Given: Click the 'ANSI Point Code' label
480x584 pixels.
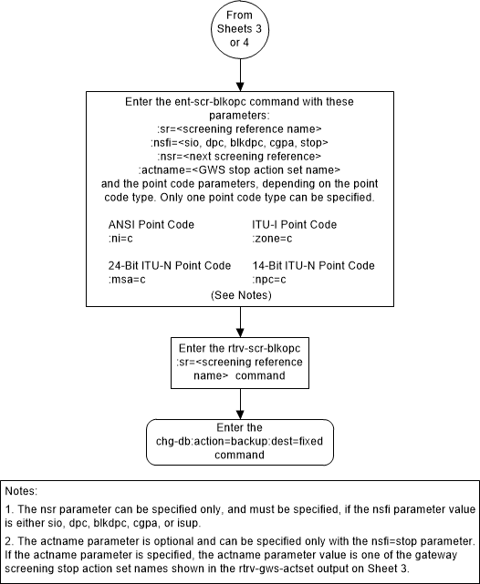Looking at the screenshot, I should (x=151, y=224).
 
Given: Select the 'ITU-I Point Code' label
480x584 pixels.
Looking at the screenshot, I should (x=295, y=224).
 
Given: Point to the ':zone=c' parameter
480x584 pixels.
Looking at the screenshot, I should (x=272, y=238).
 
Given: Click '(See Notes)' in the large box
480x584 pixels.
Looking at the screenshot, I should (x=240, y=295).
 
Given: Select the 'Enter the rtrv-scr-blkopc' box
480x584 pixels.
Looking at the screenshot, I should (x=240, y=360).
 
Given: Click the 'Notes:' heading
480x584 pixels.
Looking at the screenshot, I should (x=23, y=491).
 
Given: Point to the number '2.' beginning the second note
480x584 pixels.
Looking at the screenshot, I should (x=12, y=540).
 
